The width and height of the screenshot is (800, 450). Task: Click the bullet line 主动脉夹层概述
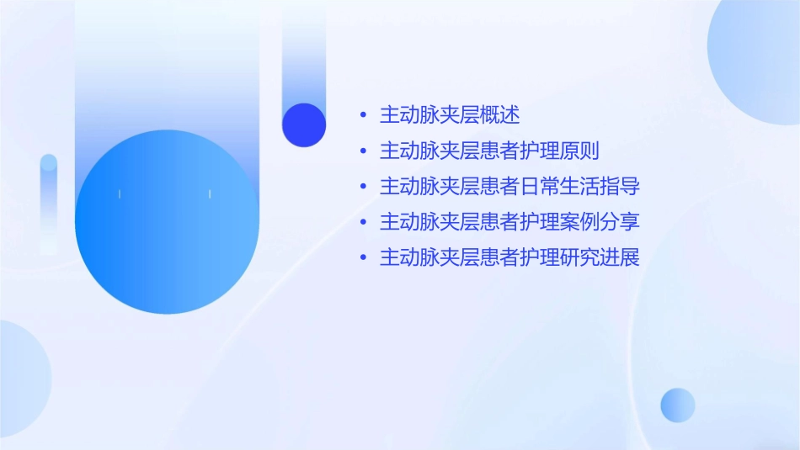pyautogui.click(x=450, y=114)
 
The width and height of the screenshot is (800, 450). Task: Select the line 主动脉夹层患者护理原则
pyautogui.click(x=489, y=151)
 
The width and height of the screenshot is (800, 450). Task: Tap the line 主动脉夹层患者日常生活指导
pyautogui.click(x=509, y=186)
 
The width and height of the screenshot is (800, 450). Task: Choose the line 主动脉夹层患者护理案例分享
pyautogui.click(x=509, y=222)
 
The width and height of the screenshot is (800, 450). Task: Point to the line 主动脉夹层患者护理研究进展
pyautogui.click(x=509, y=257)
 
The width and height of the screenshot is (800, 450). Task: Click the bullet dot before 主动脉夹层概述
pyautogui.click(x=362, y=115)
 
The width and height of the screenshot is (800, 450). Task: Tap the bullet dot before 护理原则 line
pyautogui.click(x=362, y=151)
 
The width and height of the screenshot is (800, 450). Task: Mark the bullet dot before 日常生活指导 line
pyautogui.click(x=362, y=187)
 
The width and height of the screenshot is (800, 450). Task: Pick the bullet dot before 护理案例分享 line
pyautogui.click(x=362, y=223)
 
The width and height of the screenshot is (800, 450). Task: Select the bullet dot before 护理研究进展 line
pyautogui.click(x=362, y=258)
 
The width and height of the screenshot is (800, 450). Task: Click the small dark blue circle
pyautogui.click(x=304, y=124)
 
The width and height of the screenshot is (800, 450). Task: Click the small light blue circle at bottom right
pyautogui.click(x=678, y=405)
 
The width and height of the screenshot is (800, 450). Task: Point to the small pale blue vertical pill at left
pyautogui.click(x=49, y=202)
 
